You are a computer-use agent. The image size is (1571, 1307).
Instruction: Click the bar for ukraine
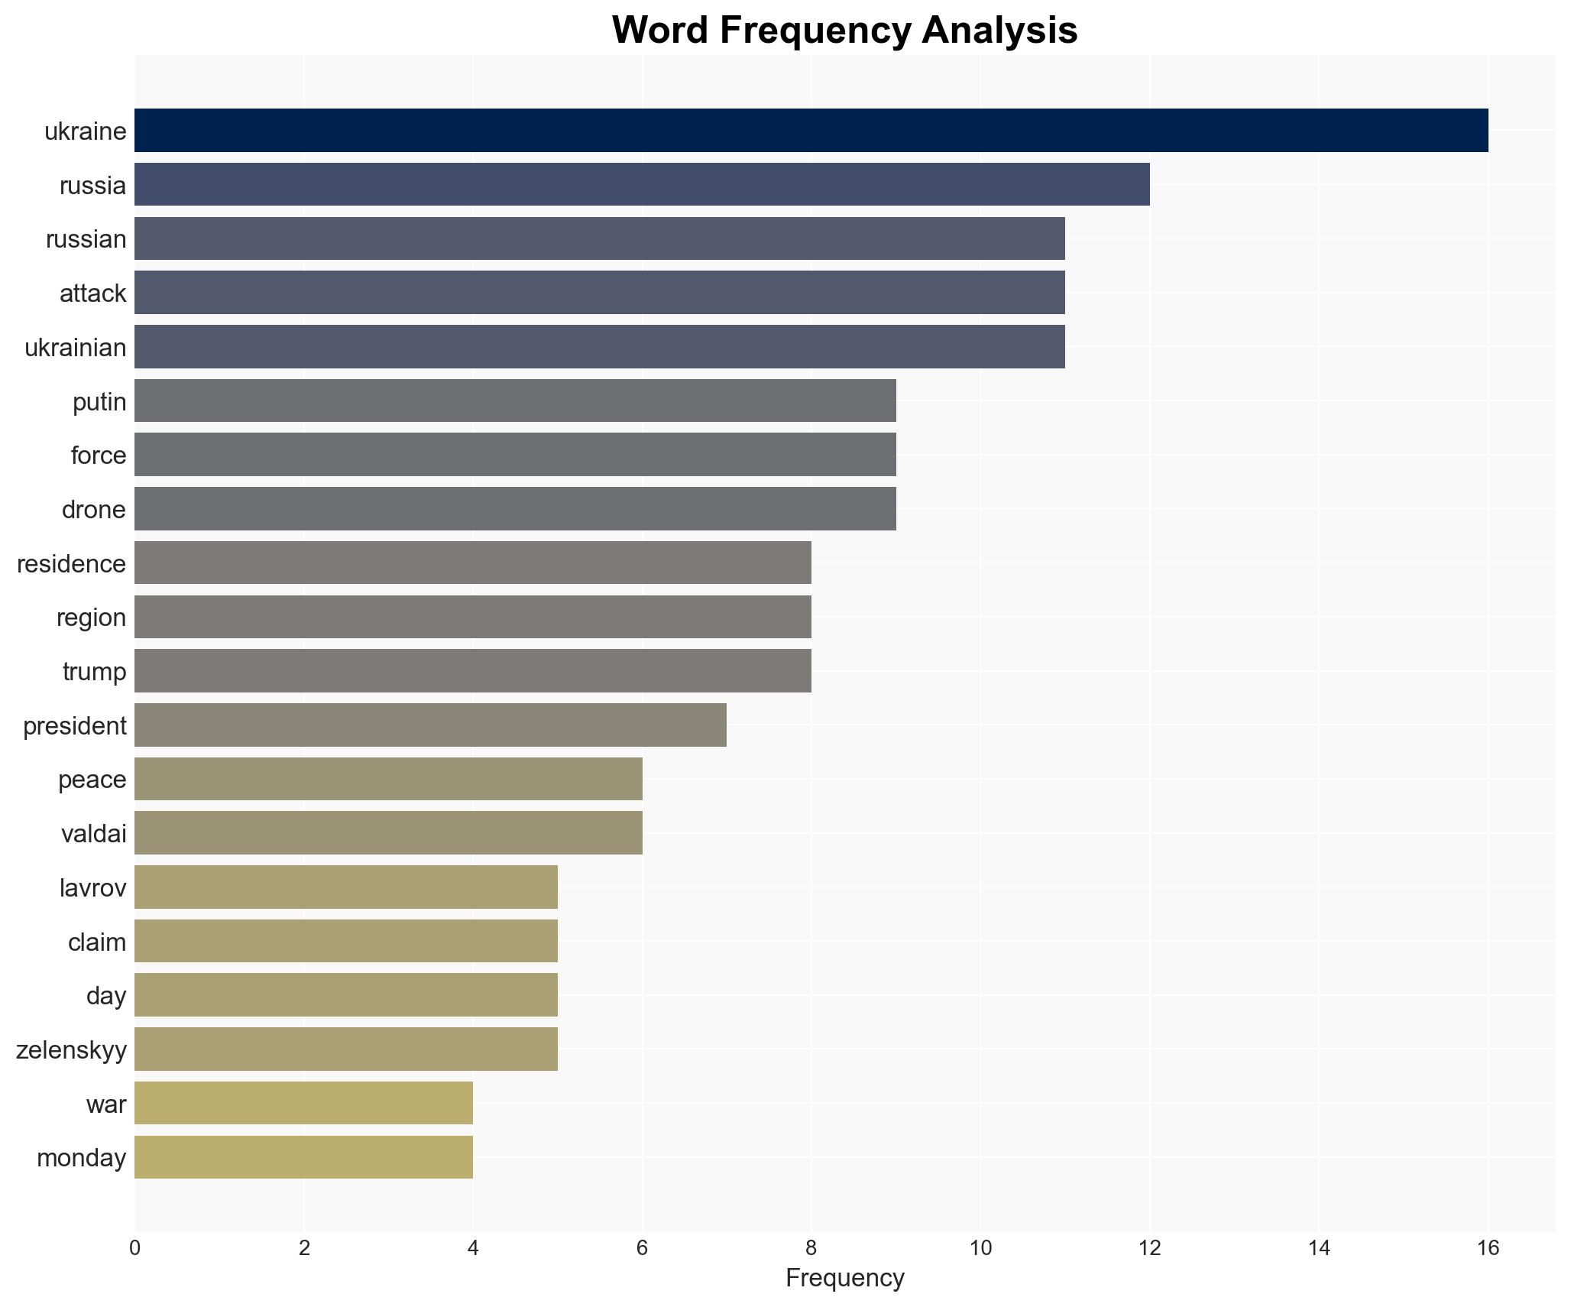coord(811,131)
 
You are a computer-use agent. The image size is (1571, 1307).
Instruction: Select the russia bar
coord(642,185)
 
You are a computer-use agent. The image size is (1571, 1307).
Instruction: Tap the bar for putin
coord(515,401)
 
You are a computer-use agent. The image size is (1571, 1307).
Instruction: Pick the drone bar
coord(515,509)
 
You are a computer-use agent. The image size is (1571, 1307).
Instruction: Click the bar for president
coord(430,725)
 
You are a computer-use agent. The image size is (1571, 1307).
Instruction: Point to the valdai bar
coord(388,833)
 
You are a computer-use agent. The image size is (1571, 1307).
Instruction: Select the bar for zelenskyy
coord(346,1049)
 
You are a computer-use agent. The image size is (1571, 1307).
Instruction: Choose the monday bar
coord(303,1157)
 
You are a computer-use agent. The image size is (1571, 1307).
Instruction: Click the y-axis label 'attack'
coord(92,294)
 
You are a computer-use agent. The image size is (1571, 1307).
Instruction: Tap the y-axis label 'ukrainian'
coord(75,348)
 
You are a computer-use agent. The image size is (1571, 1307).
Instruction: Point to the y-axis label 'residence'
coord(71,564)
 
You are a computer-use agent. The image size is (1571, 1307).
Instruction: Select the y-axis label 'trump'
coord(94,672)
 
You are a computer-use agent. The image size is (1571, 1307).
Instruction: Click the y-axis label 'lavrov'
coord(92,888)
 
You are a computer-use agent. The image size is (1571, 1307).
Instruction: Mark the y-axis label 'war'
coord(105,1104)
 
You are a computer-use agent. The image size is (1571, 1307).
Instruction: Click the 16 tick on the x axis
coord(1488,1248)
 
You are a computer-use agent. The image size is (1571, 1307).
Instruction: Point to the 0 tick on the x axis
coord(135,1248)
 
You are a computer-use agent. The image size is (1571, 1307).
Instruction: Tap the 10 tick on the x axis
coord(980,1248)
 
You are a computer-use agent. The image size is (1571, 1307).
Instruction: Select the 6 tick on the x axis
coord(642,1248)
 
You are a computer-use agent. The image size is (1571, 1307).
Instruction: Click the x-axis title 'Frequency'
coord(844,1278)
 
